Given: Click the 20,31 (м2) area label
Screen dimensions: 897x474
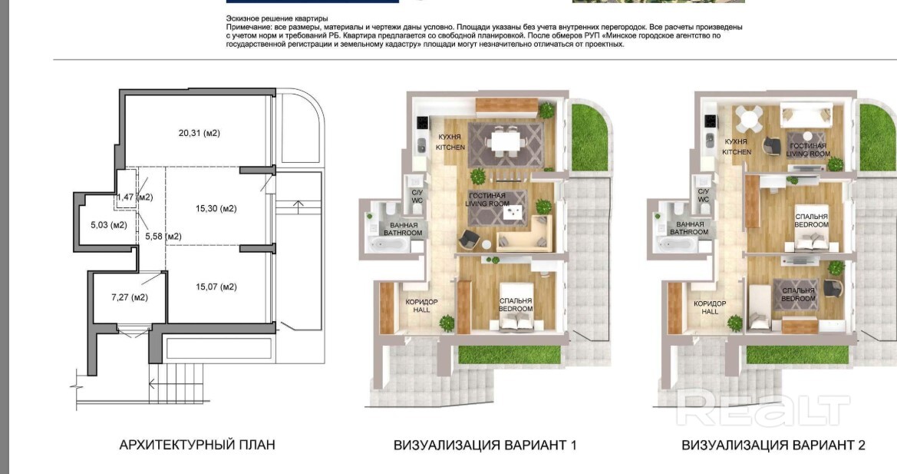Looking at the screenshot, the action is pos(199,133).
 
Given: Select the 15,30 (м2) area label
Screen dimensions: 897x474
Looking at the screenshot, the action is pos(216,208).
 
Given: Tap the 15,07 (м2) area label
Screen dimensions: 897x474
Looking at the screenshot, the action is pos(216,287).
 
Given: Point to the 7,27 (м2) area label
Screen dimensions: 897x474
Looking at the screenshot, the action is pos(129,297).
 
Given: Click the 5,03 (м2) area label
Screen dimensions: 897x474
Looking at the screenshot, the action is pos(109,225).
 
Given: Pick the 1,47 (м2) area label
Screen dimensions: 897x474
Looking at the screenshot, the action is pos(134,197).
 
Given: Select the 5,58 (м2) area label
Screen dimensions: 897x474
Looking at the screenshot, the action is pos(163,236).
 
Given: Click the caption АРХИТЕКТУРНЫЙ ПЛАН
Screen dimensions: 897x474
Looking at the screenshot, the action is pos(196,444).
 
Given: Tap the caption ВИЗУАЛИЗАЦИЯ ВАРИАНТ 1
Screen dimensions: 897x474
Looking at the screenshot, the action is pos(485,445).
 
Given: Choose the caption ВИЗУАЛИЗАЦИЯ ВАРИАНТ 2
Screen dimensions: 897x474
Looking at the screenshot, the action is pos(773,445).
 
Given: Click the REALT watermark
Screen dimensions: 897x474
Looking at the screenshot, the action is pos(763,407).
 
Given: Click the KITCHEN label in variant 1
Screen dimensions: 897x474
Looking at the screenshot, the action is pos(450,148).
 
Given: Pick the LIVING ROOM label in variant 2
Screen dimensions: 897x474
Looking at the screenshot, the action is pos(808,154).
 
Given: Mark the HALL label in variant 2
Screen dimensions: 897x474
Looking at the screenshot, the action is pos(710,311).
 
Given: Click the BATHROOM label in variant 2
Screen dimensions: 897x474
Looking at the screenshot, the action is pos(689,232).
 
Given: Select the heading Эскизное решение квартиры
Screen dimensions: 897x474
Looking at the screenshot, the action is pos(277,19).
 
